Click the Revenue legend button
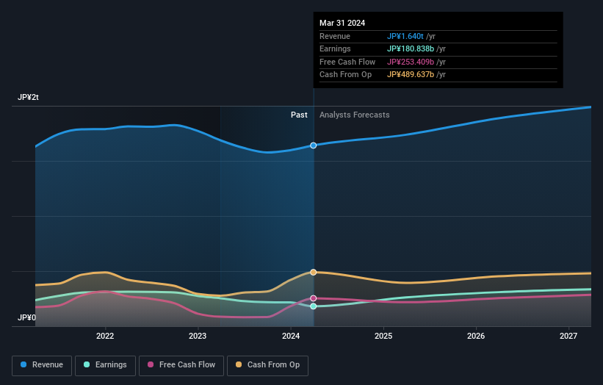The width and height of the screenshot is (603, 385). [x=42, y=365]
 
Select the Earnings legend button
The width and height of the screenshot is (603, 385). [x=105, y=365]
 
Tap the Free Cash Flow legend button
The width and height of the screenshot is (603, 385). [x=181, y=365]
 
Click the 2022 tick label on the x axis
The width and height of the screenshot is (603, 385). [x=105, y=336]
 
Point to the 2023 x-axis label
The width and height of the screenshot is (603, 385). [x=198, y=336]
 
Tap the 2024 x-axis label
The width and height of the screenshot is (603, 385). [x=291, y=336]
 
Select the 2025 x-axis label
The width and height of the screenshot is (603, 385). [x=383, y=336]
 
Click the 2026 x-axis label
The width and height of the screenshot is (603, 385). [x=476, y=336]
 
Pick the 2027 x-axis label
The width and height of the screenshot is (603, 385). [x=568, y=336]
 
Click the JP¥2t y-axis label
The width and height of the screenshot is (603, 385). [x=29, y=98]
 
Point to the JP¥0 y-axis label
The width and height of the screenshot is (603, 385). [x=26, y=318]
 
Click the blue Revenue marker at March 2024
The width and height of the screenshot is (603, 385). [x=314, y=145]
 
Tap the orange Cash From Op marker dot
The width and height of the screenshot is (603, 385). [x=314, y=273]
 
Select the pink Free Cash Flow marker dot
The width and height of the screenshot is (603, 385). [x=314, y=298]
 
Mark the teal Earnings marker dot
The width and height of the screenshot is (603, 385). [x=314, y=306]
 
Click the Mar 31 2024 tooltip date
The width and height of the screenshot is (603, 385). [x=342, y=24]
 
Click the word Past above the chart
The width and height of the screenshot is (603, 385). [x=299, y=115]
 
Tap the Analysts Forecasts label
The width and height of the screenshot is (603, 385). [x=355, y=115]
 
